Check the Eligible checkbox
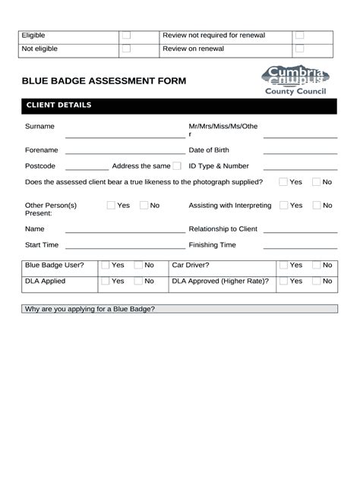pyautogui.click(x=127, y=36)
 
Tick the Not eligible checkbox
pyautogui.click(x=127, y=49)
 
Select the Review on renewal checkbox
pyautogui.click(x=299, y=49)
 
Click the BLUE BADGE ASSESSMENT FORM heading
pyautogui.click(x=103, y=81)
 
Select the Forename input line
pyautogui.click(x=125, y=152)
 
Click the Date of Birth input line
pyautogui.click(x=300, y=152)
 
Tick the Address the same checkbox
pyautogui.click(x=177, y=166)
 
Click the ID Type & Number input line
pyautogui.click(x=300, y=168)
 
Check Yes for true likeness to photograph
pyautogui.click(x=283, y=182)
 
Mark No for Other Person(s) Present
pyautogui.click(x=144, y=206)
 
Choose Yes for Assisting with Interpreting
pyautogui.click(x=283, y=206)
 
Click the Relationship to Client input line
pyautogui.click(x=300, y=231)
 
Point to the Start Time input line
pyautogui.click(x=125, y=247)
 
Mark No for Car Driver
pyautogui.click(x=317, y=266)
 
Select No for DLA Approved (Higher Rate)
pyautogui.click(x=317, y=281)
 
